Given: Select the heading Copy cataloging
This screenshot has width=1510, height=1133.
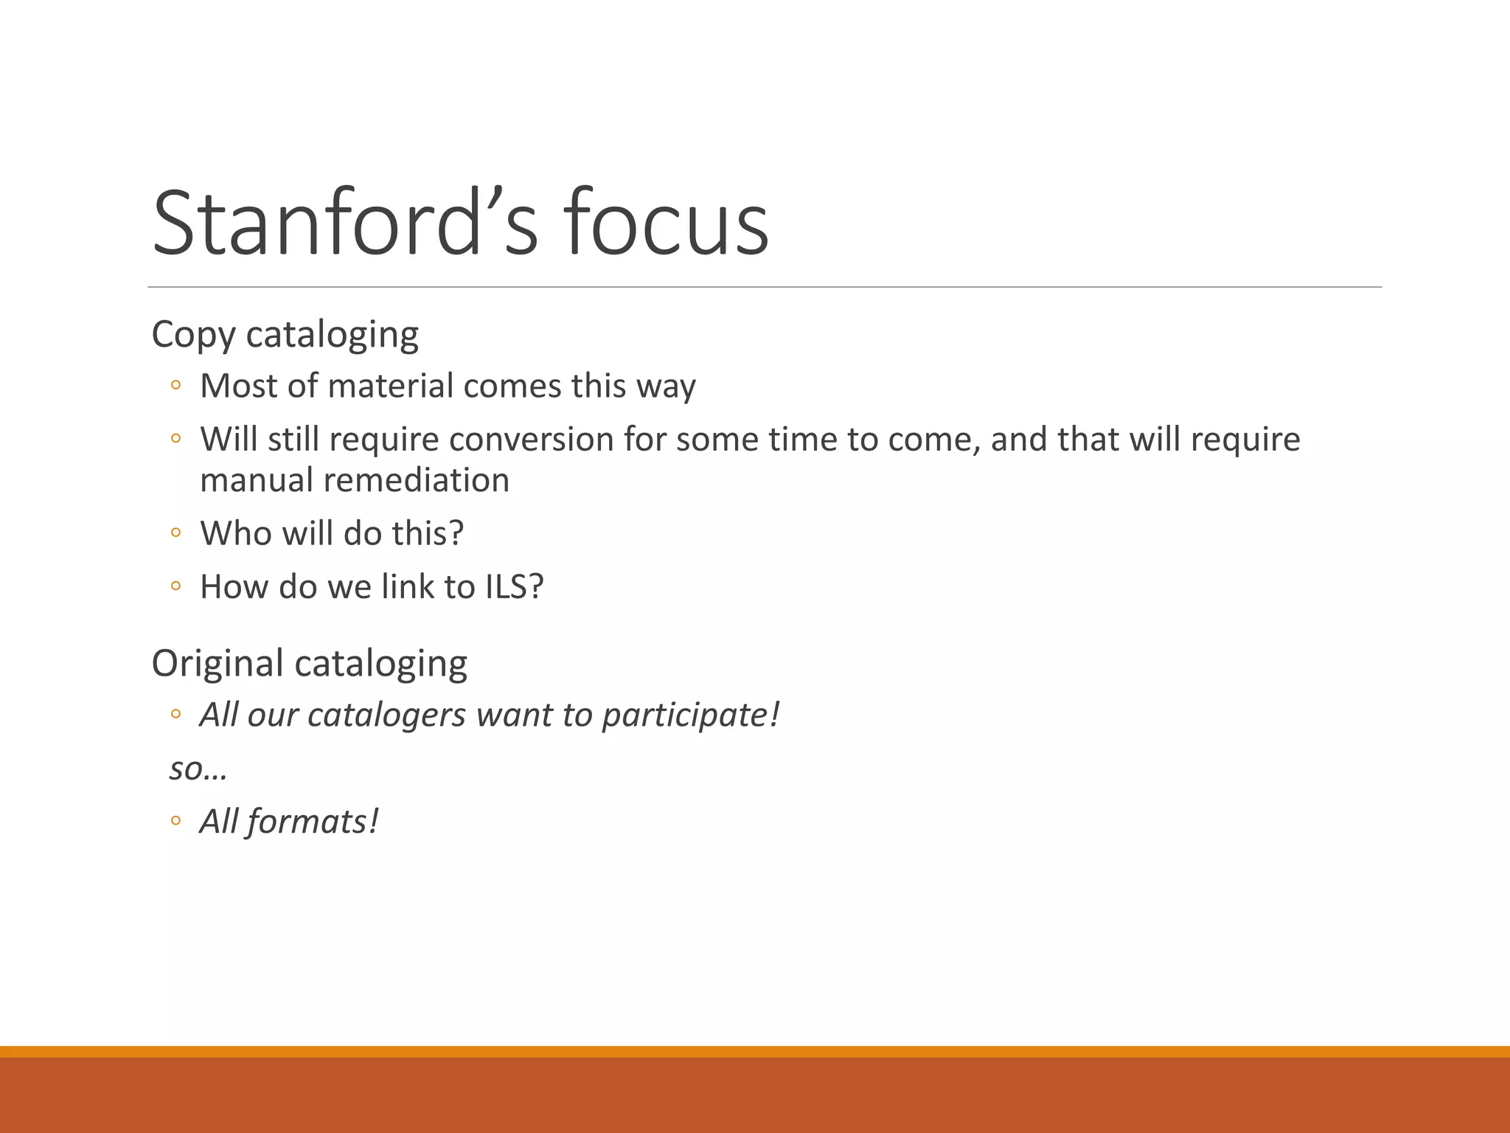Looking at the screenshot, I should pos(285,335).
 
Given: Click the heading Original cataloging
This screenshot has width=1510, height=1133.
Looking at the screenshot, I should pos(309,663).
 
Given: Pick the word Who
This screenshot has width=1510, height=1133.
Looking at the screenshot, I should pos(235,533).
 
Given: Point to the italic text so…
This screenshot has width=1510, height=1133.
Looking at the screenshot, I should pos(198,769).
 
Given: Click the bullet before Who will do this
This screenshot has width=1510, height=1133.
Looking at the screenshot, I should pos(175,533).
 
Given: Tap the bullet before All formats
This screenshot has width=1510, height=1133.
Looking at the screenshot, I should pos(175,821).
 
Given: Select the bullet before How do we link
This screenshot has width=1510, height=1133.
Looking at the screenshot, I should pos(175,586).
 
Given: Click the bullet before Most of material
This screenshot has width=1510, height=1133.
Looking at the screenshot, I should pos(175,385).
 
